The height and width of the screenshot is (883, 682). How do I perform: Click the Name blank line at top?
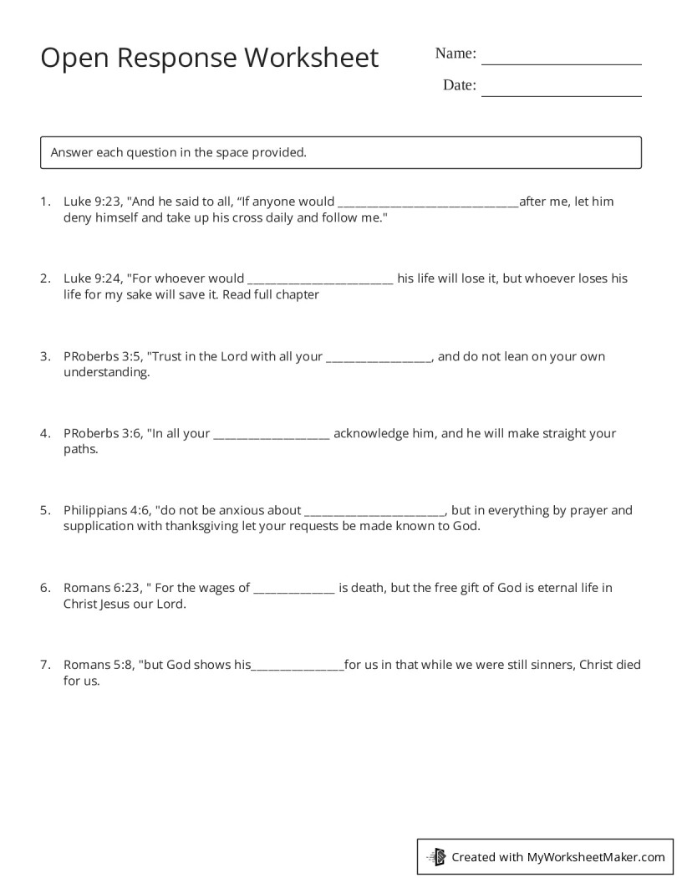pos(562,63)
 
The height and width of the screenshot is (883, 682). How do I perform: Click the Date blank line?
pos(562,94)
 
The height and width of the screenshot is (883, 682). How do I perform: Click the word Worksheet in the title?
pos(311,58)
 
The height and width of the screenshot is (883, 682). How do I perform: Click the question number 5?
pos(44,510)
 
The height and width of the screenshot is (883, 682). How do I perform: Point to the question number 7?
pos(44,665)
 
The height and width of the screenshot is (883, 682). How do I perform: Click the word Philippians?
pos(94,510)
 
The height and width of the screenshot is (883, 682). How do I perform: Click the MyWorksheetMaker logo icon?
pos(436,856)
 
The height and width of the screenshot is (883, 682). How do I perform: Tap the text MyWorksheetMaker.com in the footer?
pos(596,856)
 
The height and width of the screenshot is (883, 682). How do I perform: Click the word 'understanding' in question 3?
pos(107,373)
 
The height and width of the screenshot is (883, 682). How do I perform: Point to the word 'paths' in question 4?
pos(80,450)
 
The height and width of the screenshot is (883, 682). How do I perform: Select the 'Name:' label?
pos(456,54)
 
